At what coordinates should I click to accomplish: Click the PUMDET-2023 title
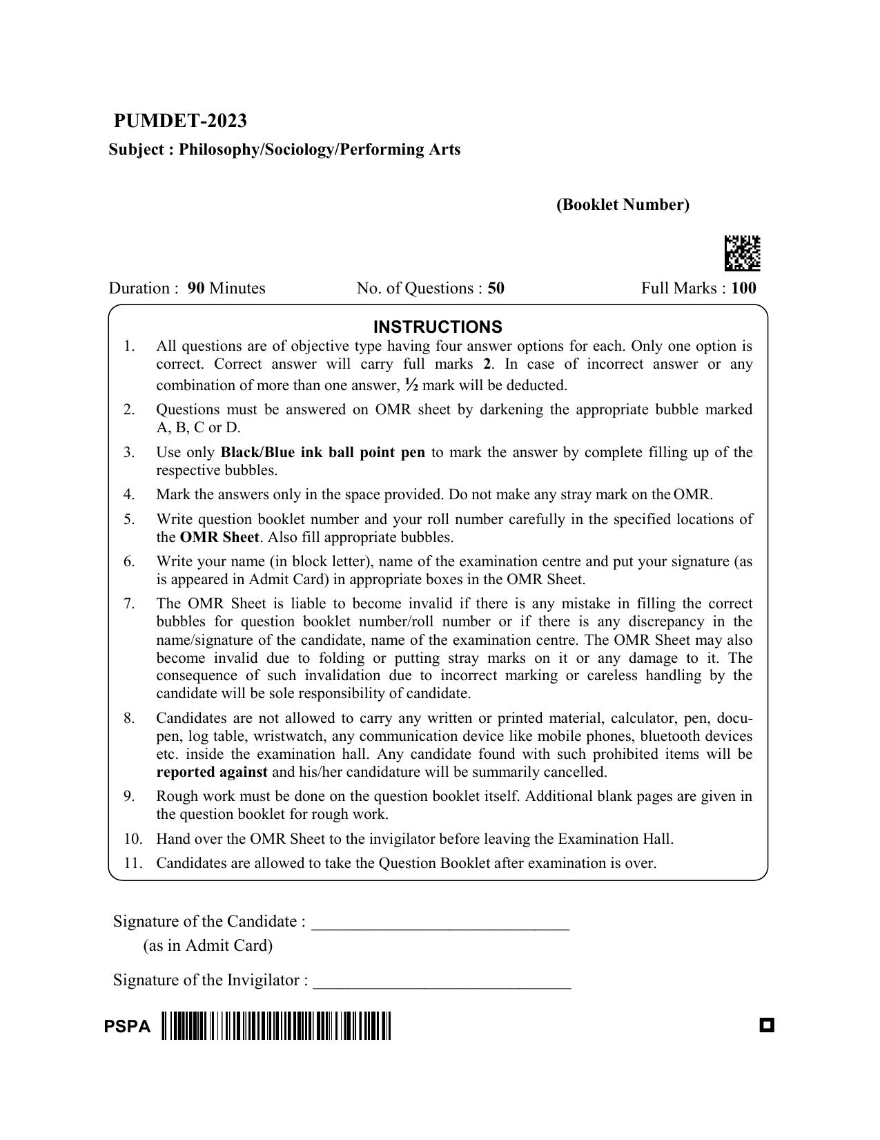[x=180, y=121]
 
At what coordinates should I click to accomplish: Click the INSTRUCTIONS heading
[x=438, y=327]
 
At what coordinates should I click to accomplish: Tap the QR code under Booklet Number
[x=742, y=253]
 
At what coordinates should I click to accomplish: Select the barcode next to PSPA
[x=276, y=1025]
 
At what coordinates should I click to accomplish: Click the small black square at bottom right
[x=766, y=1025]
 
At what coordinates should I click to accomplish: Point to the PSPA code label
[x=127, y=1027]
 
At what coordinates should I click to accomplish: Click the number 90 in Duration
[x=196, y=289]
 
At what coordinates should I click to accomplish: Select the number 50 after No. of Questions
[x=496, y=289]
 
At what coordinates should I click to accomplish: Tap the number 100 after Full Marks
[x=743, y=289]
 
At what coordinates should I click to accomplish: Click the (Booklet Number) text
[x=623, y=205]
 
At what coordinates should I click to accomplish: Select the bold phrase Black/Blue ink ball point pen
[x=322, y=452]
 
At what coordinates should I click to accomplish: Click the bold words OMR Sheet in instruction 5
[x=219, y=537]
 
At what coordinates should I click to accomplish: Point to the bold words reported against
[x=211, y=772]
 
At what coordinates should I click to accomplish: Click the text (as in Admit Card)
[x=208, y=945]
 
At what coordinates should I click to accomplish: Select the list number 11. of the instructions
[x=133, y=863]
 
